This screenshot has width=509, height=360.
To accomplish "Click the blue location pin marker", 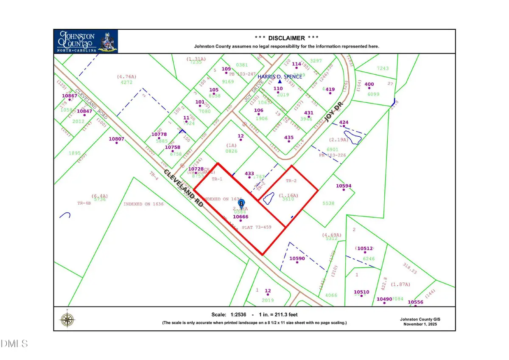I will click(242, 204).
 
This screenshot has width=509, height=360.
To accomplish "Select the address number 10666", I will click(241, 217).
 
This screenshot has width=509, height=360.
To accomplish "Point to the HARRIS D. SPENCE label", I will click(280, 76).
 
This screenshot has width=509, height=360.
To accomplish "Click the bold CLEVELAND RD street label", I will click(184, 188).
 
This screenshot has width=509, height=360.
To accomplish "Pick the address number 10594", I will click(344, 186).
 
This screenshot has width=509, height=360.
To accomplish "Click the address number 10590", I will click(297, 259).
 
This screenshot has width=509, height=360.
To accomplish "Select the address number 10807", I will click(116, 139).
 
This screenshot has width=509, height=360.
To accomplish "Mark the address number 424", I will click(344, 123).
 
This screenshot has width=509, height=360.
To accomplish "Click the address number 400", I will click(369, 84).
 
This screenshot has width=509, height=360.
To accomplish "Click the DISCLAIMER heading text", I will click(286, 38).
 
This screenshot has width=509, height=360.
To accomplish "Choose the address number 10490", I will click(384, 299).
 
